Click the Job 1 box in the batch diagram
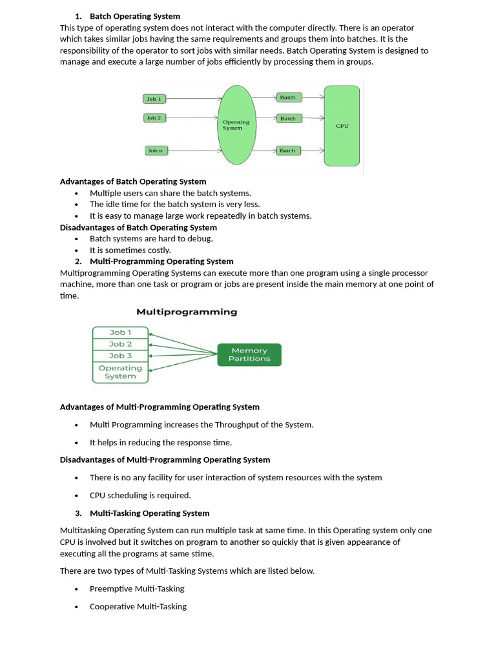[x=154, y=99]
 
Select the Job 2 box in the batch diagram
[x=154, y=118]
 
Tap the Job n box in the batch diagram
[x=155, y=150]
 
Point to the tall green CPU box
[x=342, y=126]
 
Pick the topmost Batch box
[x=287, y=97]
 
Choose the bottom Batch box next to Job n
[x=287, y=150]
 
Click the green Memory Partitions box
[x=249, y=354]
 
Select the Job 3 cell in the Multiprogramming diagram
[x=120, y=356]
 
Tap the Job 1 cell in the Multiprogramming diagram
[x=120, y=332]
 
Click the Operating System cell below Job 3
[x=120, y=372]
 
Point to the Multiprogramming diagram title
[x=187, y=312]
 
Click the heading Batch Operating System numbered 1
[x=135, y=16]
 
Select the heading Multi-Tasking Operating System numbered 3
[x=149, y=513]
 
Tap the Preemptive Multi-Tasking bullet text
[x=137, y=589]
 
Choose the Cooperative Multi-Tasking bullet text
[x=138, y=606]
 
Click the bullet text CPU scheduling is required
[x=140, y=495]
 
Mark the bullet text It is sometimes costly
[x=130, y=250]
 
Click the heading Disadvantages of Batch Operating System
[x=138, y=227]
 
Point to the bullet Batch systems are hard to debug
[x=151, y=238]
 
